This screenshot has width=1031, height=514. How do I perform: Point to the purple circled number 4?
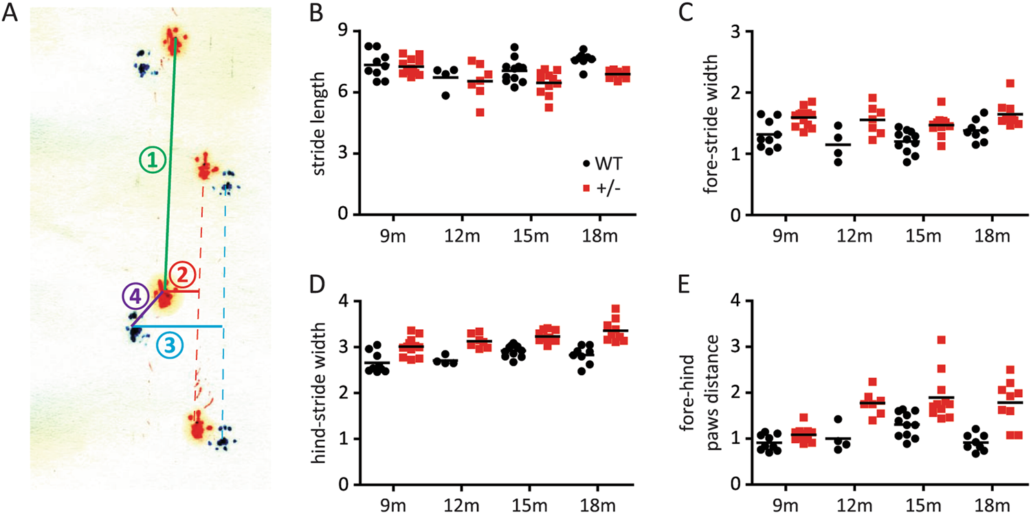[135, 297]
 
